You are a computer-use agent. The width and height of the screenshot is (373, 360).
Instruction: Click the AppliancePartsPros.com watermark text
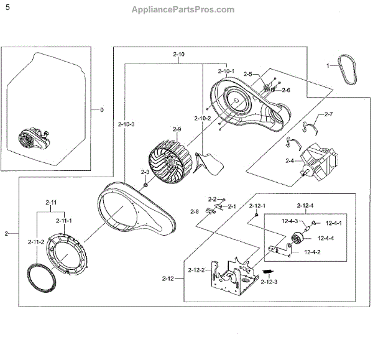pyautogui.click(x=183, y=9)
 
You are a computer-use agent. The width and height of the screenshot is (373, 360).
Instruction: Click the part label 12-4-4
pyautogui.click(x=327, y=238)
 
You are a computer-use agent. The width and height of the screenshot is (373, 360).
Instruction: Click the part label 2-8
pyautogui.click(x=195, y=211)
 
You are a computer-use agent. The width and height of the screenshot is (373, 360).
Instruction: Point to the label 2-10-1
pyautogui.click(x=226, y=72)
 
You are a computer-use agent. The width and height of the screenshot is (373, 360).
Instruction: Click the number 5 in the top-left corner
pyautogui.click(x=7, y=7)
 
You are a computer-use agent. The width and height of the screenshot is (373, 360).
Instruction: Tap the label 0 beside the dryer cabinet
pyautogui.click(x=103, y=110)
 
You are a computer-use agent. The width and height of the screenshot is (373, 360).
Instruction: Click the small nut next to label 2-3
pyautogui.click(x=144, y=184)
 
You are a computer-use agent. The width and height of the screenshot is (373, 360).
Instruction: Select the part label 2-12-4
pyautogui.click(x=304, y=205)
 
